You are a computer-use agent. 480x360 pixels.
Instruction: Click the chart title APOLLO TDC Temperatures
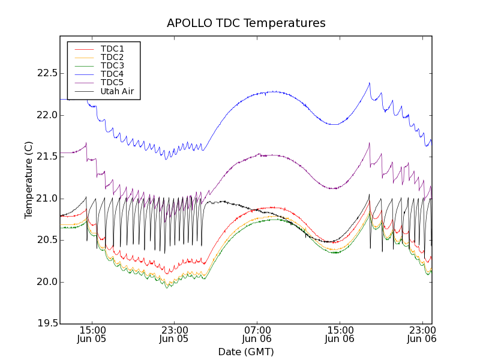246,23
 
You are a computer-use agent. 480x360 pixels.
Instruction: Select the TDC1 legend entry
112,49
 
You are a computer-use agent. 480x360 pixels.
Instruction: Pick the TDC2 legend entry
112,57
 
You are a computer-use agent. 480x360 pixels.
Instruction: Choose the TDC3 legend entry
112,65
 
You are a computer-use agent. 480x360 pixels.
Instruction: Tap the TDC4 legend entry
112,74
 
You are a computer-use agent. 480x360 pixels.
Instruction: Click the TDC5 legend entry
112,82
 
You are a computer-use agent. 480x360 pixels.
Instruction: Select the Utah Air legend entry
117,92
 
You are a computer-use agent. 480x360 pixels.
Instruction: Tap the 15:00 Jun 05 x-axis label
92,334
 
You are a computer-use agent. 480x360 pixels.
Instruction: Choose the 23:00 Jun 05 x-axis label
175,334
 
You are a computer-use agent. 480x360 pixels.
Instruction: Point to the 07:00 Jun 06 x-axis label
257,334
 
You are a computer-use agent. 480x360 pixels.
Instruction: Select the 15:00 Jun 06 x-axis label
340,334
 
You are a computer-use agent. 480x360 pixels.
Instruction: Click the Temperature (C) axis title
29,180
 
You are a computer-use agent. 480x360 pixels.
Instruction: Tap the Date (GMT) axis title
246,352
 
